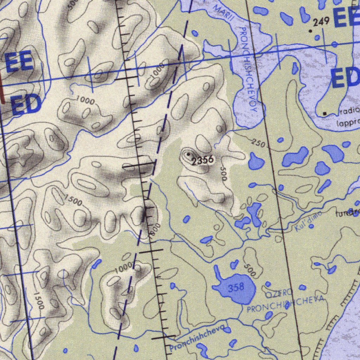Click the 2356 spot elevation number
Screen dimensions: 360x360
pyautogui.click(x=203, y=160)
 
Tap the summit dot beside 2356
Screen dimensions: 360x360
pyautogui.click(x=188, y=154)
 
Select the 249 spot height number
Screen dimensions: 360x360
pyautogui.click(x=321, y=22)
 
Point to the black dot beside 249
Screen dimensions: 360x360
pyautogui.click(x=310, y=31)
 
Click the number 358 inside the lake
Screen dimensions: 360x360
pyautogui.click(x=236, y=288)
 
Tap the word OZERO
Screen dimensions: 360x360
pyautogui.click(x=279, y=292)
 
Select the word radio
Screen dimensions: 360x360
pyautogui.click(x=349, y=111)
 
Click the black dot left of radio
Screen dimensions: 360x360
pyautogui.click(x=325, y=113)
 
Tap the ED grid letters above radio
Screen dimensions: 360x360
pyautogui.click(x=346, y=78)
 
